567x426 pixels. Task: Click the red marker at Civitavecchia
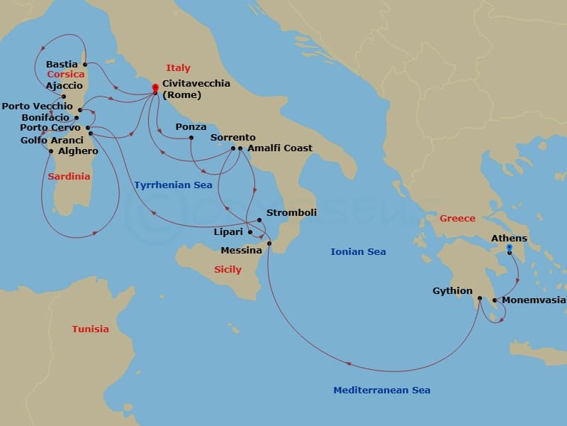pyautogui.click(x=155, y=88)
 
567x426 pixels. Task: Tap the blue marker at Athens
pyautogui.click(x=509, y=248)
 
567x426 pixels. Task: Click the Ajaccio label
pyautogui.click(x=44, y=86)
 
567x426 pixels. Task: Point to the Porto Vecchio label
pyautogui.click(x=37, y=106)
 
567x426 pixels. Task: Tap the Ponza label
pyautogui.click(x=191, y=127)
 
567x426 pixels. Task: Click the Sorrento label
pyautogui.click(x=233, y=138)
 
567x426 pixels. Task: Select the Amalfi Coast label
pyautogui.click(x=279, y=148)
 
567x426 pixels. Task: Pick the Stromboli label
pyautogui.click(x=291, y=212)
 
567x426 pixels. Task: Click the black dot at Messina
pyautogui.click(x=269, y=244)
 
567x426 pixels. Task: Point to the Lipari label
pyautogui.click(x=228, y=232)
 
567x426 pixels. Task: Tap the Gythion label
pyautogui.click(x=452, y=291)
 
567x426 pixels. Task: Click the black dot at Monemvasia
pyautogui.click(x=494, y=300)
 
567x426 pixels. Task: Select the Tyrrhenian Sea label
pyautogui.click(x=173, y=185)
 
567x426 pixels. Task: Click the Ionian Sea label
pyautogui.click(x=358, y=251)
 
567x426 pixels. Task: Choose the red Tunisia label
pyautogui.click(x=90, y=329)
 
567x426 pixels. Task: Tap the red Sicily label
pyautogui.click(x=228, y=269)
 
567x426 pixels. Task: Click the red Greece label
pyautogui.click(x=457, y=218)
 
